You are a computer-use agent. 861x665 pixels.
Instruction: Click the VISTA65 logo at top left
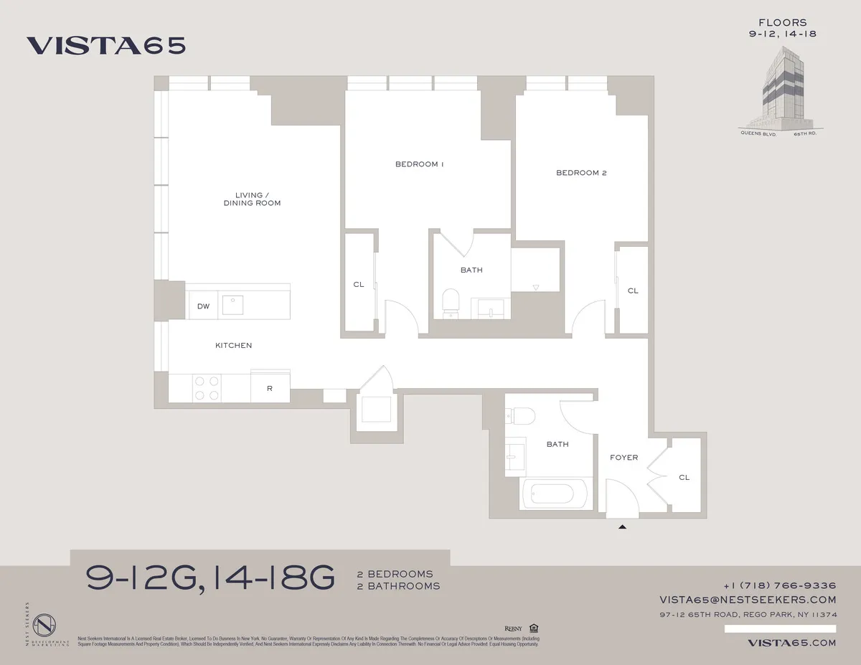[x=106, y=45]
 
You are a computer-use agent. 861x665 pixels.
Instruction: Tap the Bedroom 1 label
[x=420, y=164]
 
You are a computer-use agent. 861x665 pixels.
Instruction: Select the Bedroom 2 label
[x=581, y=173]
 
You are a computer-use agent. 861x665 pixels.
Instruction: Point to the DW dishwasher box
[x=204, y=306]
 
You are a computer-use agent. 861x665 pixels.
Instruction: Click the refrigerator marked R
[x=270, y=389]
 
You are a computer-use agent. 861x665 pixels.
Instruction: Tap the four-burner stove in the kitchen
[x=207, y=388]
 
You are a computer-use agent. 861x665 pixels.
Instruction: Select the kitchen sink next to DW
[x=233, y=305]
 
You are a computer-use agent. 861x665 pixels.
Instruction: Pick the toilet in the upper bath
[x=451, y=301]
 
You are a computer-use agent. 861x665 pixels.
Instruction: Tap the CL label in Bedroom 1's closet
[x=359, y=285]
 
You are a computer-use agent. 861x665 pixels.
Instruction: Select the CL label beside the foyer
[x=684, y=477]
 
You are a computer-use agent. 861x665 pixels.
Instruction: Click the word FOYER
[x=624, y=458]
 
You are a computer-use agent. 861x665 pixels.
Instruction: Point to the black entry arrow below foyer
[x=623, y=527]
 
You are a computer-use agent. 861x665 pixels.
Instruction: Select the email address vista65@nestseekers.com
[x=748, y=600]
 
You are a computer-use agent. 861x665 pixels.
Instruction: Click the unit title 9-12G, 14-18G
[x=210, y=577]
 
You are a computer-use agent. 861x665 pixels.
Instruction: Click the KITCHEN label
[x=234, y=346]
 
